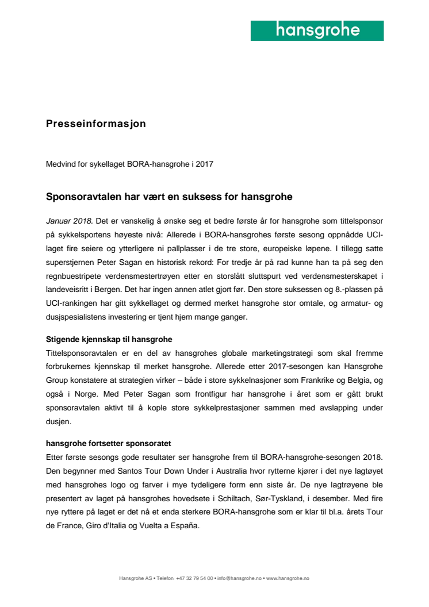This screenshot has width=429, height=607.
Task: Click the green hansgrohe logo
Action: (x=317, y=30)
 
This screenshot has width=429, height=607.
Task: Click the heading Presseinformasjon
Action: (x=95, y=124)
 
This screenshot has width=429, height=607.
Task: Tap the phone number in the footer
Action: (x=195, y=578)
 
